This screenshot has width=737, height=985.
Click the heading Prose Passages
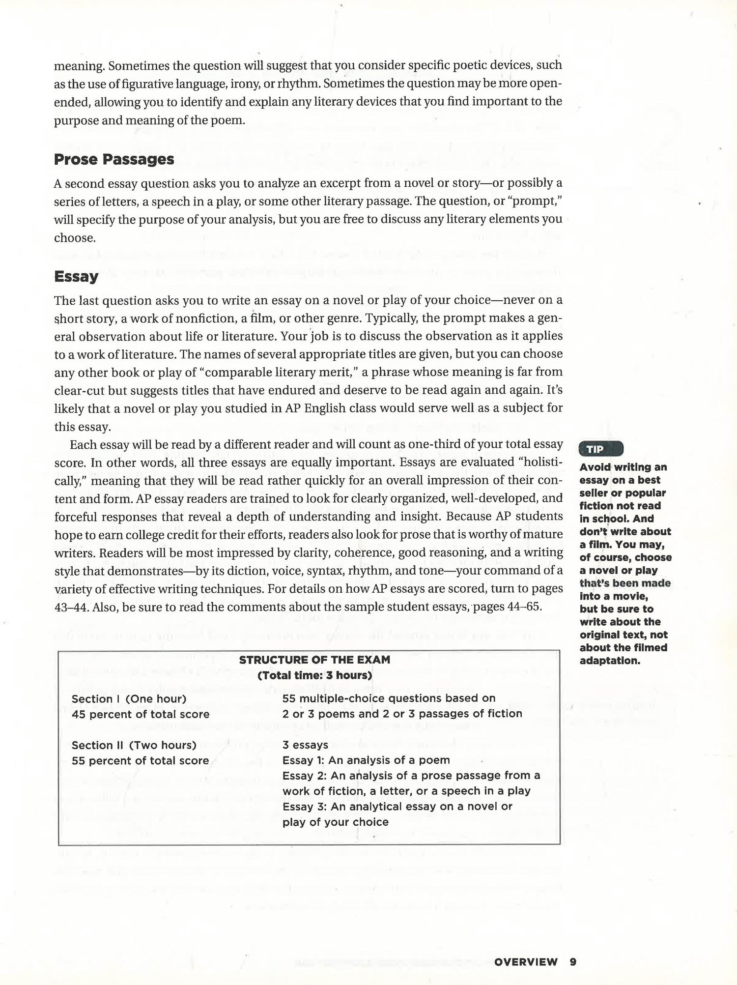114,159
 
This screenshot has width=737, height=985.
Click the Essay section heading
76,276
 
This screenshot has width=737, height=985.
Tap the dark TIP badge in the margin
601,449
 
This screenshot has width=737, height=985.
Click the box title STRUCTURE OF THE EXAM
314,660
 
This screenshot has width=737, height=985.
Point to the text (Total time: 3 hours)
314,675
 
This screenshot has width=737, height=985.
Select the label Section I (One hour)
129,699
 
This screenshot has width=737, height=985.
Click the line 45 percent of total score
141,714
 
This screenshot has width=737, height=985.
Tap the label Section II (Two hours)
134,745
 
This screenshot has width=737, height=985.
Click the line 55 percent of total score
141,761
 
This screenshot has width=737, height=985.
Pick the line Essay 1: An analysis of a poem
366,760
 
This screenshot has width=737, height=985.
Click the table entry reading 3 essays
305,745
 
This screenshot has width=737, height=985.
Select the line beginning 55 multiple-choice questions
389,698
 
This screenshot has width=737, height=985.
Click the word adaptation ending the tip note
610,661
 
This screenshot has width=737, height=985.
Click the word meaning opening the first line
79,65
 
